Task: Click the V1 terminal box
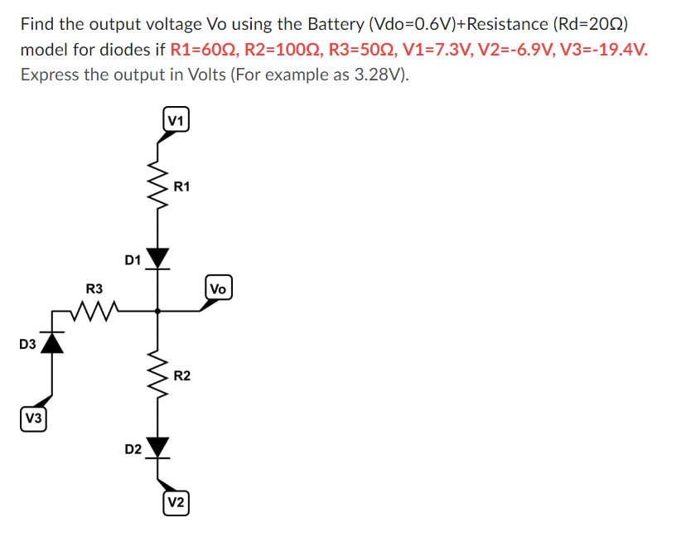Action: tap(175, 120)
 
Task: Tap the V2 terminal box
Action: tap(176, 503)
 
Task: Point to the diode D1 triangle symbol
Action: tap(157, 258)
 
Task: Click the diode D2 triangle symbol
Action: tap(157, 447)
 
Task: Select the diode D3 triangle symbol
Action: tap(53, 341)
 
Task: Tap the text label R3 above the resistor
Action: tap(94, 289)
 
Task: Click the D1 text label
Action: tap(133, 260)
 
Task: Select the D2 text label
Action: tap(133, 449)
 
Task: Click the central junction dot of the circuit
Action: tap(157, 311)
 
